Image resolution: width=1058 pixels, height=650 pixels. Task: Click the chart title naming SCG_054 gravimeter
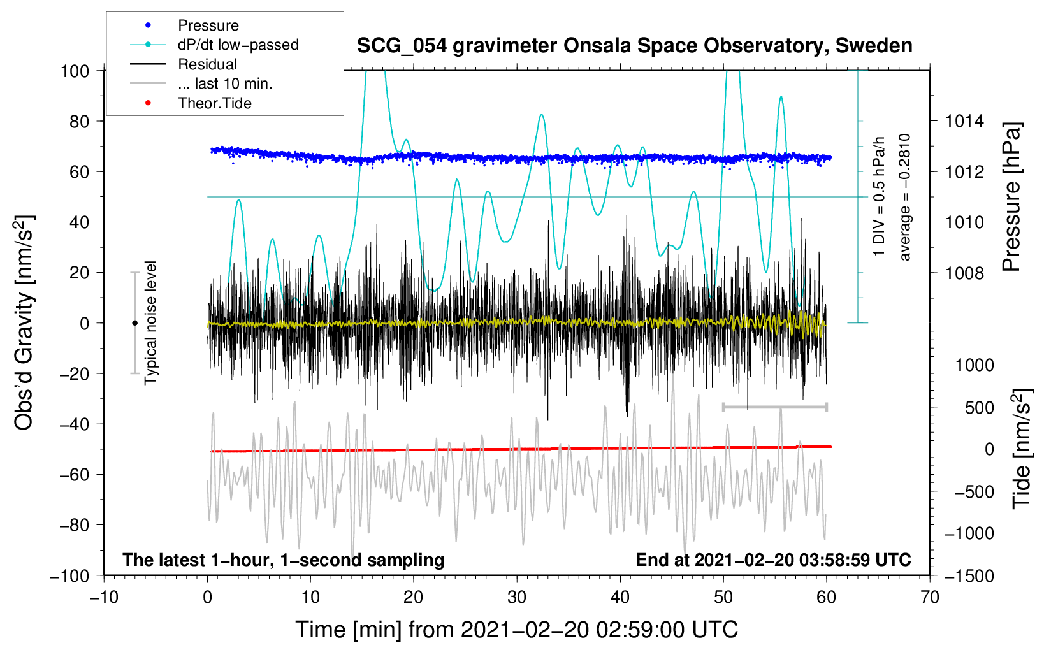click(x=634, y=46)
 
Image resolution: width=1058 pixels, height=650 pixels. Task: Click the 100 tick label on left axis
click(x=75, y=71)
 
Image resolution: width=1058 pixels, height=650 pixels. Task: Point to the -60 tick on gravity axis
click(x=75, y=475)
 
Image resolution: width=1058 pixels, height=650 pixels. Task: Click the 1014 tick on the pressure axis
click(x=964, y=122)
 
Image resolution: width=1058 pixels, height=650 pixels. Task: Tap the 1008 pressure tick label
click(x=964, y=273)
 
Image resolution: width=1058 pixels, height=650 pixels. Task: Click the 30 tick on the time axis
click(x=517, y=598)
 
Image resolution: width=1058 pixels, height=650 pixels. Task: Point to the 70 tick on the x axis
click(x=929, y=598)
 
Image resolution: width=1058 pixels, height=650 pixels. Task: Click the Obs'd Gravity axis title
click(x=24, y=323)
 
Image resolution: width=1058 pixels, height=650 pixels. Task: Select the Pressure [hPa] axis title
click(x=1011, y=198)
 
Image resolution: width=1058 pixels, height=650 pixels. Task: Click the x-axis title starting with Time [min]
click(x=516, y=630)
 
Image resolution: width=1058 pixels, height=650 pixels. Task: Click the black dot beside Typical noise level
click(x=134, y=323)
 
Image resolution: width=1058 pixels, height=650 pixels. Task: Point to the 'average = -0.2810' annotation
click(x=904, y=197)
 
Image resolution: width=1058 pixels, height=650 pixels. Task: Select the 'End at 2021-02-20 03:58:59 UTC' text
click(x=773, y=560)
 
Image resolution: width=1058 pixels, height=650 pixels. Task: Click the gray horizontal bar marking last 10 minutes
click(x=774, y=407)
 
